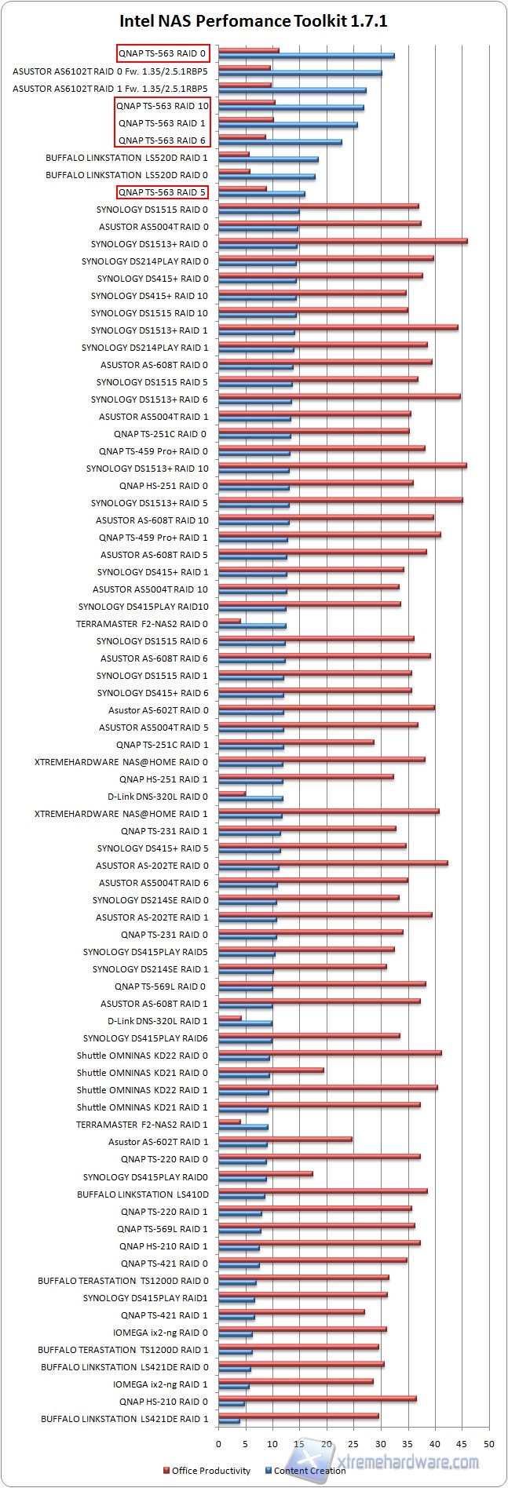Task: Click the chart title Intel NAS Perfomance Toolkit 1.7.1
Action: point(253,21)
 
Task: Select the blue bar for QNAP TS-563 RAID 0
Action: point(306,56)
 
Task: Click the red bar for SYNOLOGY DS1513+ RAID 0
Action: point(342,241)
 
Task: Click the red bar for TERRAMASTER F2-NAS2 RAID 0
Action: point(229,621)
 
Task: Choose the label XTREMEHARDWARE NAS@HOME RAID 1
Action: point(122,814)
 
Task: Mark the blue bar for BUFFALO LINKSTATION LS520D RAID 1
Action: point(268,159)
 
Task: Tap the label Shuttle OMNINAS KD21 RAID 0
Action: point(142,1073)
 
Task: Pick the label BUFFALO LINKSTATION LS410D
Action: point(142,1194)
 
